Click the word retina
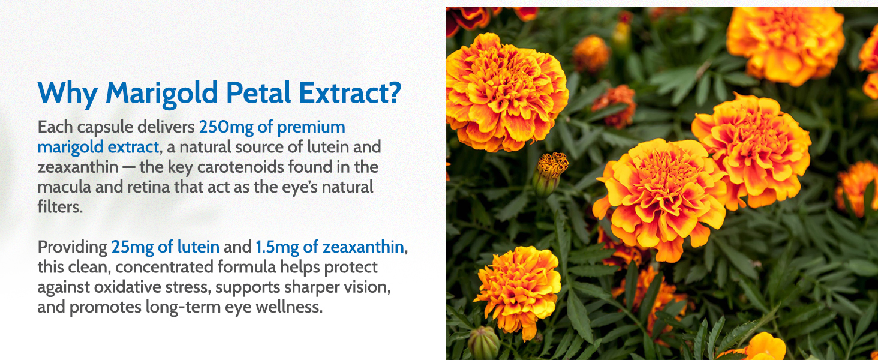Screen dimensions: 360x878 [143, 187]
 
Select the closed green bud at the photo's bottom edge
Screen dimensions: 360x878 [483, 343]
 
